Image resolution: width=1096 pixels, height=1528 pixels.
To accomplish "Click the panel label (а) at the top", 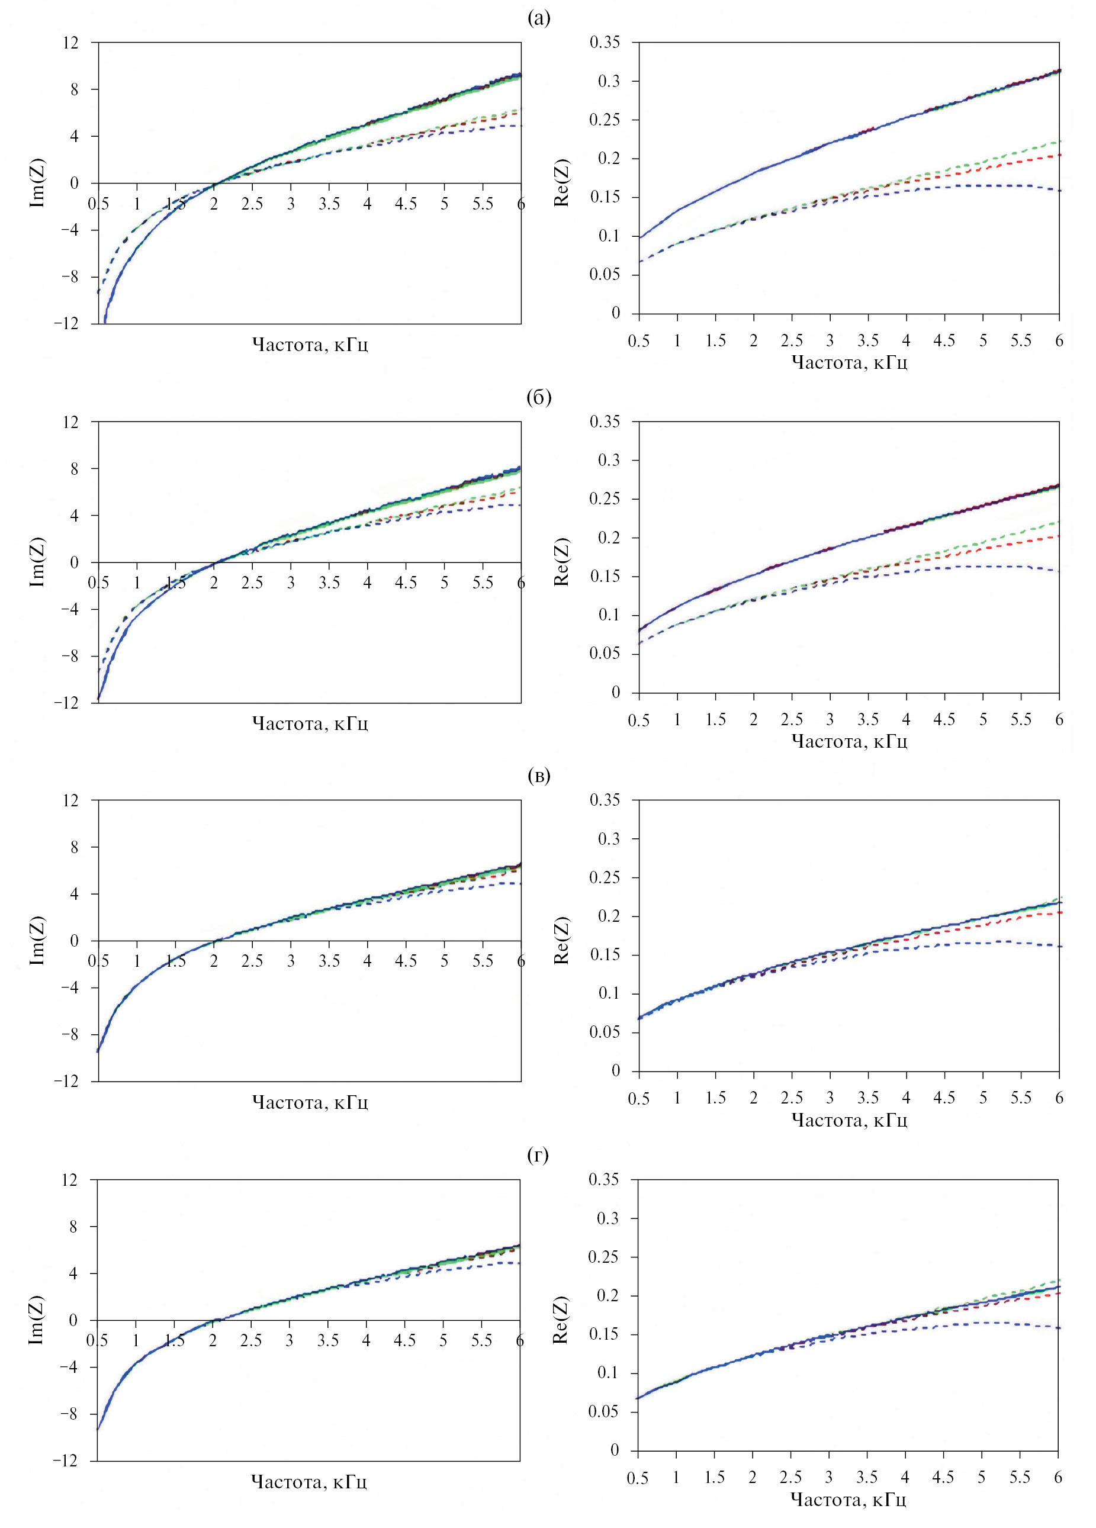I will click(x=538, y=19).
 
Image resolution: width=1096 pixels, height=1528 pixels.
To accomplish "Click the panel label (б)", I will click(x=538, y=397).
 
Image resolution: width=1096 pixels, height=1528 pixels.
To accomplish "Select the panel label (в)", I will click(x=538, y=776).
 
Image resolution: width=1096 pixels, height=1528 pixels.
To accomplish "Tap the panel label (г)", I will click(x=538, y=1156).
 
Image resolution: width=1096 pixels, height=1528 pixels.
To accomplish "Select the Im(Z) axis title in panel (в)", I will click(x=38, y=941).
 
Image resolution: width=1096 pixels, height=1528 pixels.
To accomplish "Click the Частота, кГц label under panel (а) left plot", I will click(x=310, y=345).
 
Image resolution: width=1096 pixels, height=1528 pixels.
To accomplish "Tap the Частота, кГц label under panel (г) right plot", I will click(x=848, y=1499).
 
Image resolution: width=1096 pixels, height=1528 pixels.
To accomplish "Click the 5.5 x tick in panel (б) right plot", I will click(x=1021, y=719).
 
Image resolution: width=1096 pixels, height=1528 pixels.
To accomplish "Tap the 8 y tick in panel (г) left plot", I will click(x=74, y=1226).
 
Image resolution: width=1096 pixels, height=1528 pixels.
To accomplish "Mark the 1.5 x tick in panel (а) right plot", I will click(x=715, y=341).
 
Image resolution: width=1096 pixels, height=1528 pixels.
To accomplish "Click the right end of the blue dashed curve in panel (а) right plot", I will click(x=1059, y=191).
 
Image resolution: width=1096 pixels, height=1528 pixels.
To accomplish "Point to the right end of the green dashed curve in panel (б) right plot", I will click(x=1059, y=522).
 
